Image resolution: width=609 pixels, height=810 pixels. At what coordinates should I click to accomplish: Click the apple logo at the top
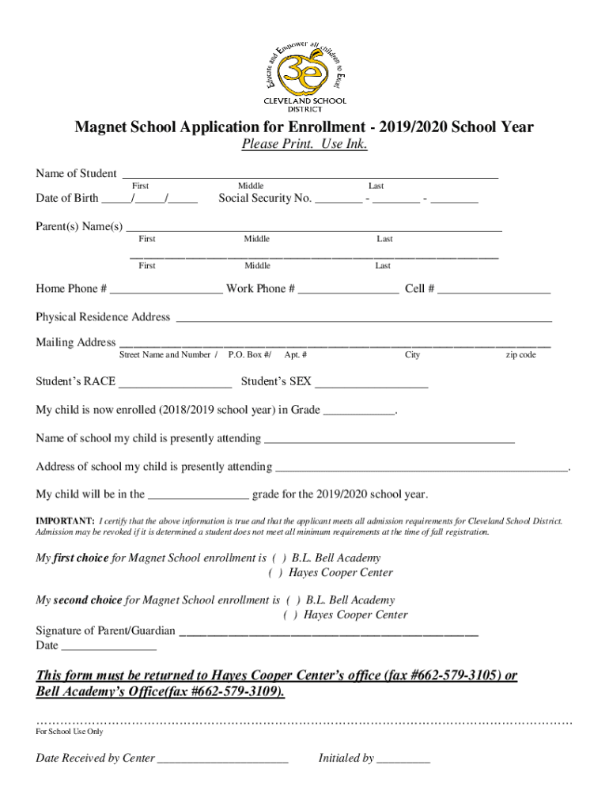304,70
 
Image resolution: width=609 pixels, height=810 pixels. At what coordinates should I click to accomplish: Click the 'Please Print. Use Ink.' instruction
304,146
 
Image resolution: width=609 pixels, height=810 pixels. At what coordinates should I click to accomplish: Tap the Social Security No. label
265,199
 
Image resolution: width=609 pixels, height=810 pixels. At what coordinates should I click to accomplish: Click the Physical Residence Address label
103,317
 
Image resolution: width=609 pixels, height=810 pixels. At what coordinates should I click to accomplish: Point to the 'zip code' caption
520,355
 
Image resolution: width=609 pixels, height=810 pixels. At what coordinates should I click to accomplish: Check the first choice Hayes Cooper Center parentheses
277,573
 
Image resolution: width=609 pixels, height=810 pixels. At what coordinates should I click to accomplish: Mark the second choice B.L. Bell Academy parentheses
292,600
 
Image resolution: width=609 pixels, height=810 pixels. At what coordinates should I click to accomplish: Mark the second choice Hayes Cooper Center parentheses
292,615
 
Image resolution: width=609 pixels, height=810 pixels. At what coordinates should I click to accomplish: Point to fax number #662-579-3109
240,693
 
